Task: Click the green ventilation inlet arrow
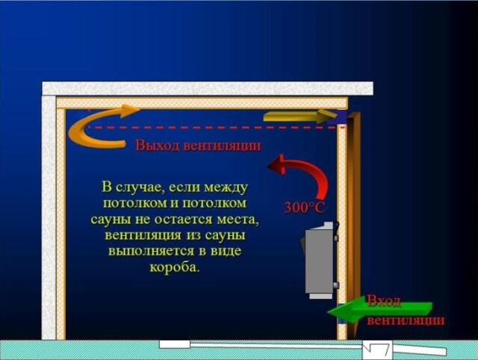pos(379,310)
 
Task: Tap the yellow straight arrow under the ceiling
pos(300,116)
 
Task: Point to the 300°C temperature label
pos(304,208)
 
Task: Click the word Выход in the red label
pos(158,146)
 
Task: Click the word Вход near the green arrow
pos(383,301)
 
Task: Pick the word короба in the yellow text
pos(174,267)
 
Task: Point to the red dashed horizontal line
pos(216,127)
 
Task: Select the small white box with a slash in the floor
pos(377,350)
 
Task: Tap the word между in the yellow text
pos(226,187)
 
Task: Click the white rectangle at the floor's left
pos(175,344)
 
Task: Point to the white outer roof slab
pos(208,88)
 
